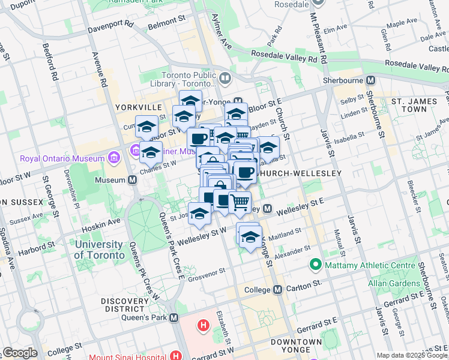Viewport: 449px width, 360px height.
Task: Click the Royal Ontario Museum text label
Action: (62, 159)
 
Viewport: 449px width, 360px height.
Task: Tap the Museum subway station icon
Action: (132, 179)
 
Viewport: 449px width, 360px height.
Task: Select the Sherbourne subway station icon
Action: (370, 80)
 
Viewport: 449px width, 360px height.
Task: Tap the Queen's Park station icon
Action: (174, 317)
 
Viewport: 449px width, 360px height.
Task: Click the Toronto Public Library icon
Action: (225, 78)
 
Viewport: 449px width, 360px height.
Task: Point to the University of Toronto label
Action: (99, 250)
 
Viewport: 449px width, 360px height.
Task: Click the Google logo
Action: (20, 353)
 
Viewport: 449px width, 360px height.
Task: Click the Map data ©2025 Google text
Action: (412, 355)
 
